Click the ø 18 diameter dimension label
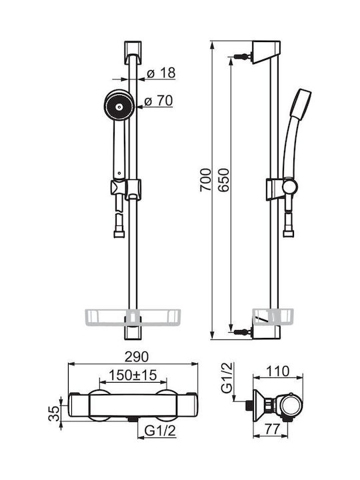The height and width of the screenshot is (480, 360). point(161,73)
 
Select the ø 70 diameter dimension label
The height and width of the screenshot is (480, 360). point(159,101)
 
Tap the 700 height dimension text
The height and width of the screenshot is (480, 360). point(205,180)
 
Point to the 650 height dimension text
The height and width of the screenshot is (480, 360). point(223,180)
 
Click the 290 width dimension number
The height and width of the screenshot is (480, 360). point(137,357)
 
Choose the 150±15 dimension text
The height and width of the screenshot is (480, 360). point(133,375)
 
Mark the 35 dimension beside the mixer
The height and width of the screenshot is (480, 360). point(54,413)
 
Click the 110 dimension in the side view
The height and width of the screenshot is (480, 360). point(277,371)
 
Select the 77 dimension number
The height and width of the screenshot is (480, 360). point(272,429)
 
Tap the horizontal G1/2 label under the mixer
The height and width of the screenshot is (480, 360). point(161,431)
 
